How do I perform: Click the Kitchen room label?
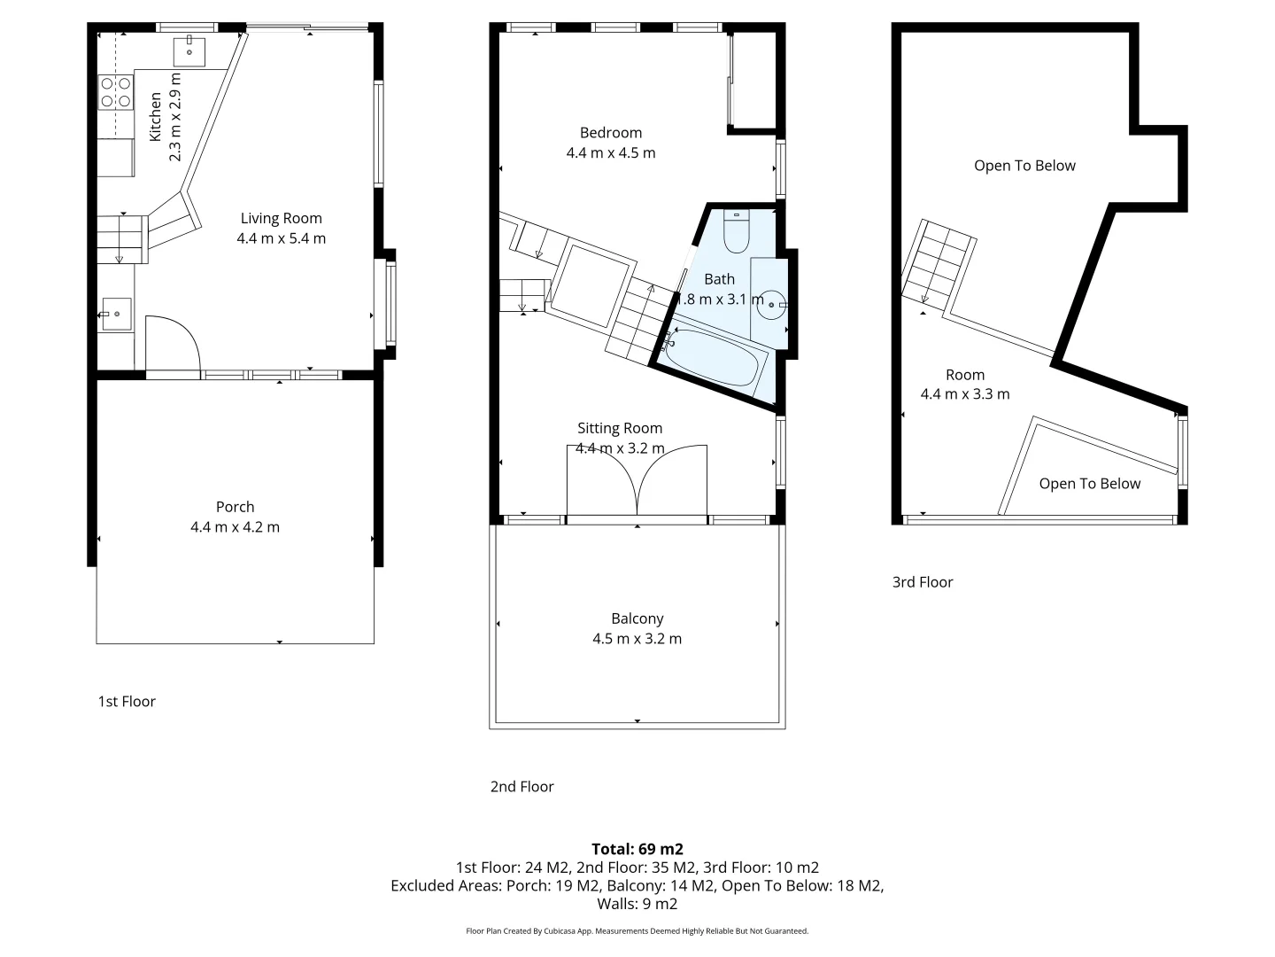[156, 116]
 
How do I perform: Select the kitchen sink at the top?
[189, 52]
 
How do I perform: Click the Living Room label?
[281, 218]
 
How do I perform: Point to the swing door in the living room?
[173, 346]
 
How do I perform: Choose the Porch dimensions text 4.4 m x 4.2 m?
[235, 527]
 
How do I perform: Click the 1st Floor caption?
[127, 702]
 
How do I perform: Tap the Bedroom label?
[610, 133]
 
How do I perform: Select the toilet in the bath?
[737, 231]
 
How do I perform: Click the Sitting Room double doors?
[637, 480]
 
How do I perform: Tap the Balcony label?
[637, 619]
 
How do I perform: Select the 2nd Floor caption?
[522, 787]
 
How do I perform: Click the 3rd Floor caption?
[923, 582]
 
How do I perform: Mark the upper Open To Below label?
[1024, 166]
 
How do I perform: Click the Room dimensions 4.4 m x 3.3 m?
[965, 394]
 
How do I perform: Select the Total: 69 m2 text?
[637, 849]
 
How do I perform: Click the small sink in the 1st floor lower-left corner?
[116, 314]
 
